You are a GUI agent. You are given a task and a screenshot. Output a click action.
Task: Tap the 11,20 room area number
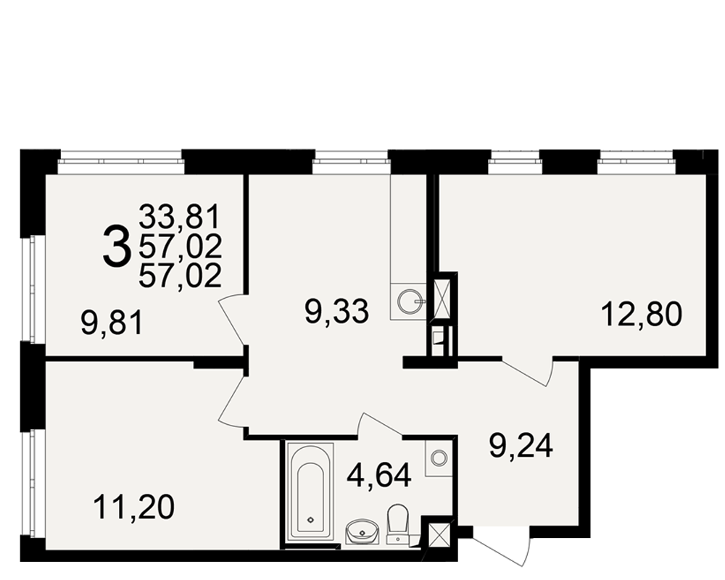tap(134, 507)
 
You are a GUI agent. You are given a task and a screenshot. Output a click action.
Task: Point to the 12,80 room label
tap(642, 314)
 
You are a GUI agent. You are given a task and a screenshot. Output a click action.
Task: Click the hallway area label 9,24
tap(521, 446)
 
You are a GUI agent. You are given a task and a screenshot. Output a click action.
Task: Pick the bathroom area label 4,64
tap(379, 476)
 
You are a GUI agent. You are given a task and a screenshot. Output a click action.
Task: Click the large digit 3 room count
tap(116, 246)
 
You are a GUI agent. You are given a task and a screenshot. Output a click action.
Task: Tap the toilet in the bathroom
tap(397, 523)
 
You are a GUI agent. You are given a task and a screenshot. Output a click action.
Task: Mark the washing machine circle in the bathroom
tap(439, 457)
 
